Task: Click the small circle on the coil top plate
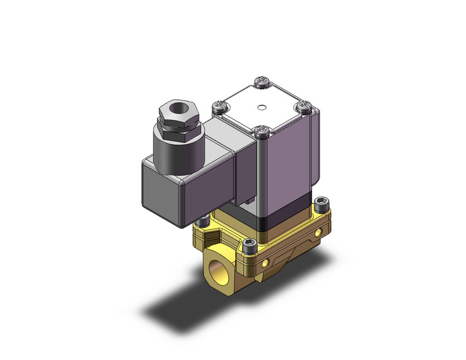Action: pos(261,110)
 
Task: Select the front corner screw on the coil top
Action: pos(263,130)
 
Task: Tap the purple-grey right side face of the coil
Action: pos(288,172)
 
